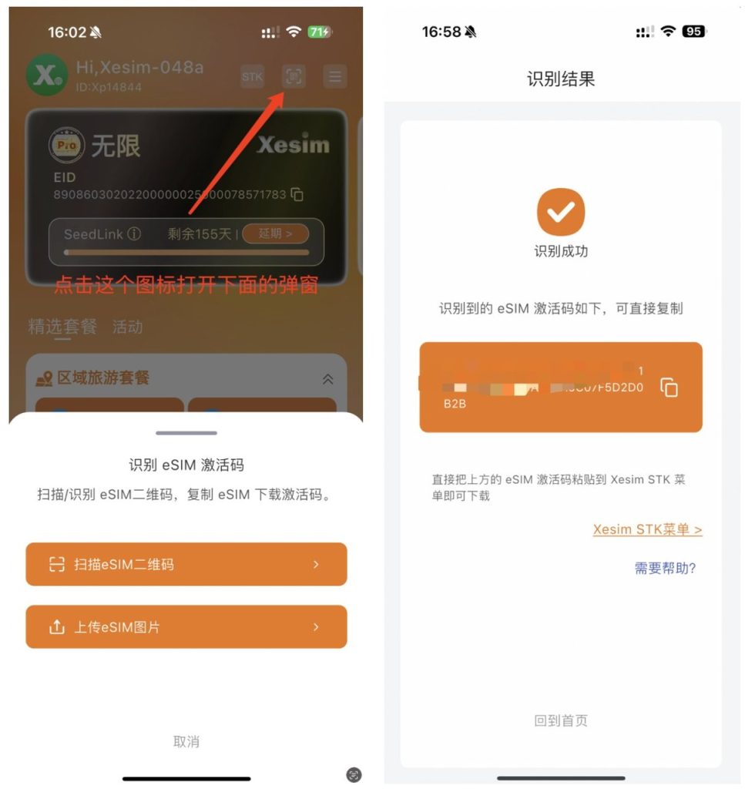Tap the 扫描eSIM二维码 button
[x=186, y=564]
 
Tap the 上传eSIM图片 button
[x=186, y=627]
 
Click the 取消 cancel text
[x=186, y=741]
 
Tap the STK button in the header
[x=252, y=76]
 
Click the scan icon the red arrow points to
[x=294, y=76]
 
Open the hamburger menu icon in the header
[x=334, y=76]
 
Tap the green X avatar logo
[x=47, y=75]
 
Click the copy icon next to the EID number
[x=297, y=195]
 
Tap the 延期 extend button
[x=275, y=233]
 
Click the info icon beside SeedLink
[x=134, y=233]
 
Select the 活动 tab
[x=127, y=327]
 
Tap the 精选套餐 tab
[x=62, y=327]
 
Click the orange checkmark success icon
[x=561, y=211]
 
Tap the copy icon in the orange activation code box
[x=669, y=387]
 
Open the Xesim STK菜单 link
[x=647, y=529]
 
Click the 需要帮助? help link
[x=665, y=568]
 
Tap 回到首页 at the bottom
[x=561, y=720]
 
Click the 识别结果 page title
[x=561, y=79]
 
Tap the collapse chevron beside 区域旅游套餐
[x=327, y=378]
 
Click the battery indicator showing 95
[x=693, y=32]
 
